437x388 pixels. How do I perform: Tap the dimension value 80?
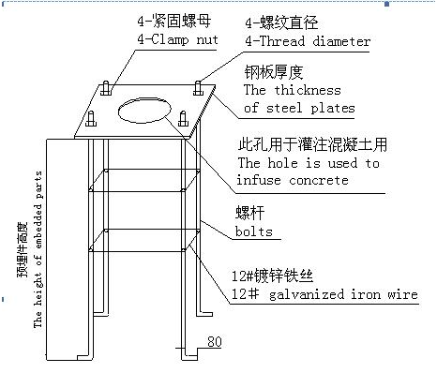215,341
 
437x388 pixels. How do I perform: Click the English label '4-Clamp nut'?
177,40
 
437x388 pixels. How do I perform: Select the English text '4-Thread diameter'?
308,41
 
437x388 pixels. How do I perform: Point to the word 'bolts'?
254,231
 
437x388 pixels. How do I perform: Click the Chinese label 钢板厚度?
274,72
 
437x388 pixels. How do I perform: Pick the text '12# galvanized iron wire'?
324,294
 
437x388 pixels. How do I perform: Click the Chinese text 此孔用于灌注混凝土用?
312,144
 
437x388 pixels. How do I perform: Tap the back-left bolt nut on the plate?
106,88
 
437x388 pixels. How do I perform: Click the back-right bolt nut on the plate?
198,88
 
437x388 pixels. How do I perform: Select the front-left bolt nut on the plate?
91,119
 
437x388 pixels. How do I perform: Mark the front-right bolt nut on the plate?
183,119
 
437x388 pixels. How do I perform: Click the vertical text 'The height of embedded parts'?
38,249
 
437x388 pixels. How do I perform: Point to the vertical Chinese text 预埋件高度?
23,249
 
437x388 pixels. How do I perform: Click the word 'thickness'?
308,90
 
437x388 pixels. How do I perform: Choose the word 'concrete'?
319,181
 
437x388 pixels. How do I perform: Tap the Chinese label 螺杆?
249,213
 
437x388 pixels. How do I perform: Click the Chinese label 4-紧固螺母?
174,22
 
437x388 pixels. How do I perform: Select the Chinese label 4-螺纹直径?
281,23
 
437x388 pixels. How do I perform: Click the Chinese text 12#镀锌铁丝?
272,276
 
